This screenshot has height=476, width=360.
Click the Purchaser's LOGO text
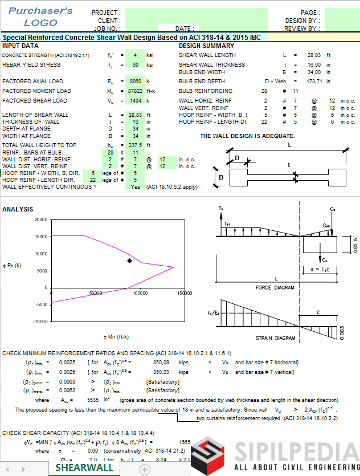(40, 17)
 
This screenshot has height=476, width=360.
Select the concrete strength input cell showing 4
(134, 55)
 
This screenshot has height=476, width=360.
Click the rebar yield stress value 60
(134, 65)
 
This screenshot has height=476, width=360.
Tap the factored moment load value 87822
(134, 91)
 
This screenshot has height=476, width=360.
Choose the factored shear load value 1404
(134, 101)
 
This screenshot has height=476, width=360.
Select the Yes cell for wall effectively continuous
(134, 187)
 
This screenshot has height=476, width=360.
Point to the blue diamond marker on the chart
(129, 261)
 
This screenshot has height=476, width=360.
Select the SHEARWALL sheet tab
(84, 467)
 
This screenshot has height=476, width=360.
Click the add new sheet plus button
(145, 469)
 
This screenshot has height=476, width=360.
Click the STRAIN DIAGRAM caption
(277, 337)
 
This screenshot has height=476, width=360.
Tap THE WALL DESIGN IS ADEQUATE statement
(247, 136)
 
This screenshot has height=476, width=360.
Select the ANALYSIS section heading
(18, 210)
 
